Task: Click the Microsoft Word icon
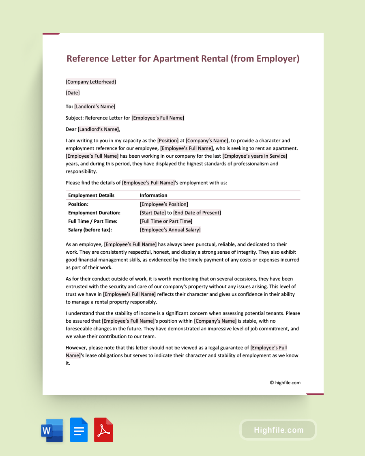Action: tap(52, 430)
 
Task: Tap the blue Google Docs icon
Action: tap(79, 430)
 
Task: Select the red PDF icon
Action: tap(103, 430)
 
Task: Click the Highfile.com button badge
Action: tap(278, 430)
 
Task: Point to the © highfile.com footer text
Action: tap(285, 382)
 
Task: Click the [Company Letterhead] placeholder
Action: tap(91, 82)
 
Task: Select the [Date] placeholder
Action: tap(73, 93)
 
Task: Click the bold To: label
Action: tap(69, 107)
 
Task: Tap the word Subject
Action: tap(74, 118)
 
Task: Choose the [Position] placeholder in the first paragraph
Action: tap(168, 141)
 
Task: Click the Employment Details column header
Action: tap(91, 195)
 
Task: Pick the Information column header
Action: tap(154, 195)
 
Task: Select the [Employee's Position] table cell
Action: tap(164, 204)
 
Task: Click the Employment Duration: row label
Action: tap(94, 213)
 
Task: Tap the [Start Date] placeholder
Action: tap(153, 213)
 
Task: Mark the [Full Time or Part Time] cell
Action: tap(166, 221)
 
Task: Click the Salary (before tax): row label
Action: tap(90, 230)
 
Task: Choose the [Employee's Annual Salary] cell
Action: tap(170, 230)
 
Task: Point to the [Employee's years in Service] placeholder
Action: tap(255, 156)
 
